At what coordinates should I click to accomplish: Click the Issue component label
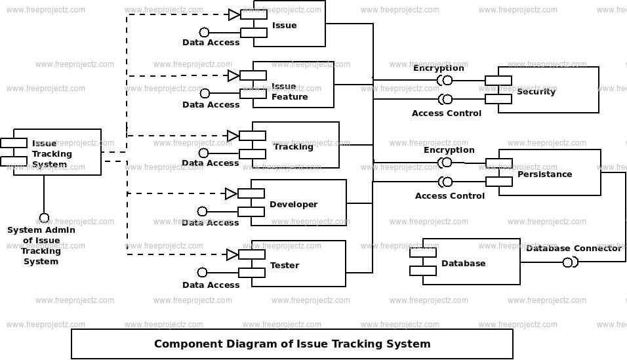[x=284, y=26]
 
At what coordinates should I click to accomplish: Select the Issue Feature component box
[x=298, y=85]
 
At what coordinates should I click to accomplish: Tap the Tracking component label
[x=293, y=147]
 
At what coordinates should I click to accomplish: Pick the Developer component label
[x=293, y=205]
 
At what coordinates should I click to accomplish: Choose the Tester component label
[x=285, y=266]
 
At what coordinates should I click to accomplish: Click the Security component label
[x=536, y=92]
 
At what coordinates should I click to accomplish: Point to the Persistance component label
[x=544, y=174]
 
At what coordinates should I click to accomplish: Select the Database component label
[x=463, y=264]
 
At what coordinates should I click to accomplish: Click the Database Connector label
[x=573, y=249]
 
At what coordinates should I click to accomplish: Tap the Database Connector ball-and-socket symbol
[x=569, y=263]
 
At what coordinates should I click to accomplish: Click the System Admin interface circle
[x=44, y=218]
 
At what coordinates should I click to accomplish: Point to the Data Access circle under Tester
[x=203, y=272]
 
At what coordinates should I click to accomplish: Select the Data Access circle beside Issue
[x=204, y=32]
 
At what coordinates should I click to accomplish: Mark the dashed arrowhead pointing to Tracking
[x=233, y=136]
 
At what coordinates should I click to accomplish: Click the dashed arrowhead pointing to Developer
[x=231, y=193]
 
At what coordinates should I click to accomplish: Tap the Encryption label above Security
[x=438, y=68]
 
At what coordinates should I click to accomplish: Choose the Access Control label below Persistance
[x=450, y=196]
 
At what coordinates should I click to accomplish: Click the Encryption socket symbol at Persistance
[x=446, y=163]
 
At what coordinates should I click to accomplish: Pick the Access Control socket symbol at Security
[x=445, y=100]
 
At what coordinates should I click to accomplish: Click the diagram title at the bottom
[x=292, y=344]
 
